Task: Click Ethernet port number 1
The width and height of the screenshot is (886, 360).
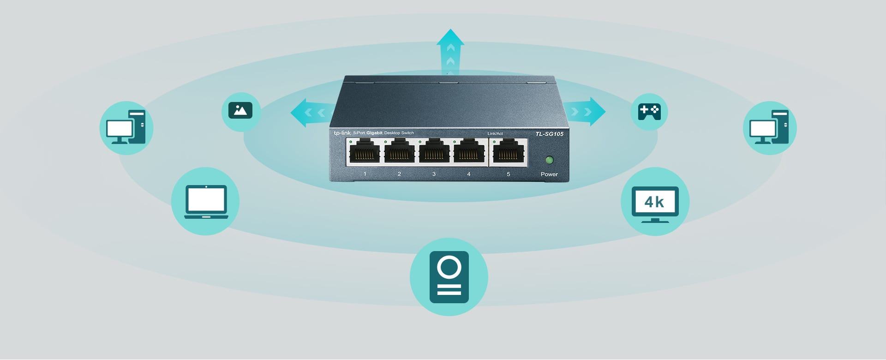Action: [x=365, y=151]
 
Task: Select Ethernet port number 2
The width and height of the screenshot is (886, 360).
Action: [x=399, y=151]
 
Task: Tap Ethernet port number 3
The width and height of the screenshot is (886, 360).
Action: [x=434, y=151]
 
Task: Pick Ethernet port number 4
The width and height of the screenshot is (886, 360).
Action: [x=468, y=151]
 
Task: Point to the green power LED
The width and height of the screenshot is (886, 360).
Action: [x=549, y=160]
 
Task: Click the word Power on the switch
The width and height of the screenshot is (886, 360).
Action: [x=549, y=174]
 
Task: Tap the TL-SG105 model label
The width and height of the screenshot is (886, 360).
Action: [x=549, y=134]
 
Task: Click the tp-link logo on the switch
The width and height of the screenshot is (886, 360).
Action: [x=342, y=133]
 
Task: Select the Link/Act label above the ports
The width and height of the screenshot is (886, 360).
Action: [x=495, y=134]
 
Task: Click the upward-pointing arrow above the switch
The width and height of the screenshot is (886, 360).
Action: [x=450, y=51]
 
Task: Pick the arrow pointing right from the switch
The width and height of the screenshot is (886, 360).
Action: [x=586, y=112]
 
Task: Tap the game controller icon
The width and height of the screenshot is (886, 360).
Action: [x=649, y=112]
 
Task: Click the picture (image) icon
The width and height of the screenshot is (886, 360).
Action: [x=240, y=111]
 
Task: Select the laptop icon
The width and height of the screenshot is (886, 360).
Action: [x=206, y=202]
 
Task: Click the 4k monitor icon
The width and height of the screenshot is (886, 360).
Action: [x=655, y=204]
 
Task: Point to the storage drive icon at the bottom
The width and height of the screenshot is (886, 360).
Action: [x=449, y=277]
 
